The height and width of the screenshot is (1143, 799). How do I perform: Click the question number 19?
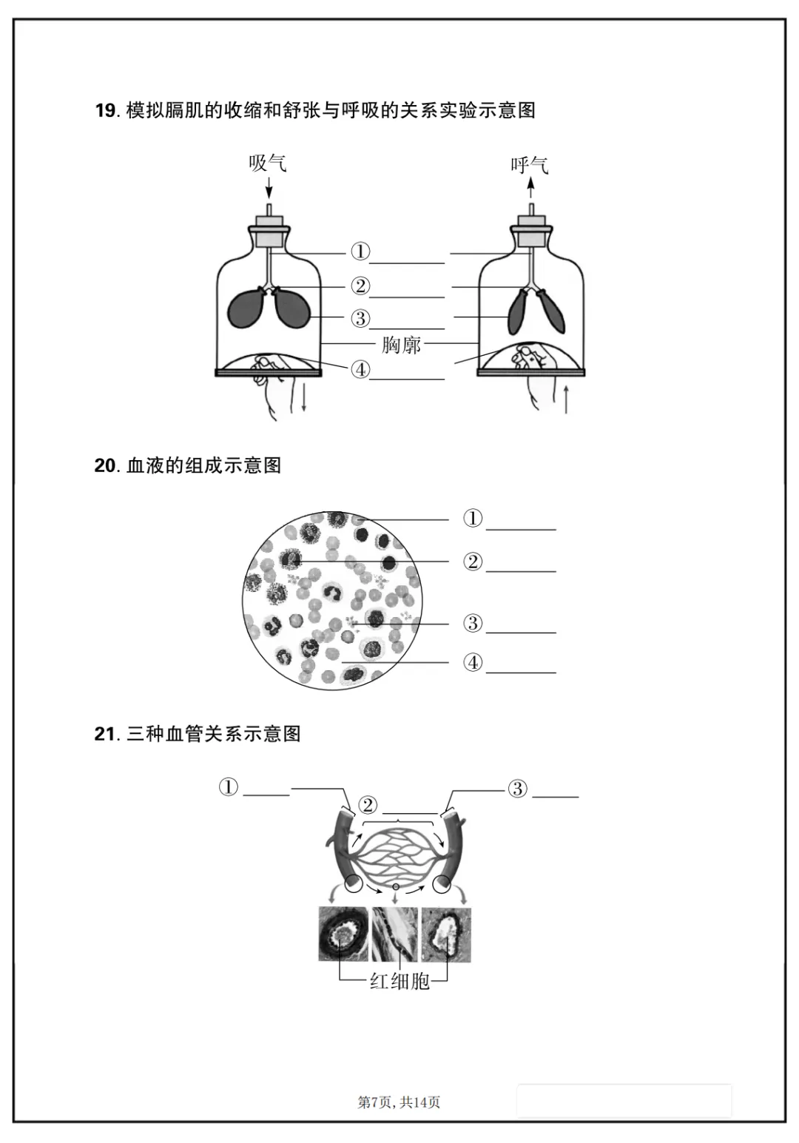coord(105,111)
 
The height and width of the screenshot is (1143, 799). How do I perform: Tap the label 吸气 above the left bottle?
coord(267,163)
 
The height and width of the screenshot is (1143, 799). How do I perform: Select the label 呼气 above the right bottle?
coord(529,164)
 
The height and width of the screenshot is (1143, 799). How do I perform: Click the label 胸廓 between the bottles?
coord(401,345)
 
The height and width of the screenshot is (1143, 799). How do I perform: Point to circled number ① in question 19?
coord(360,252)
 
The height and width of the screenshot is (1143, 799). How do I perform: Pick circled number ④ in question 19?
coord(360,369)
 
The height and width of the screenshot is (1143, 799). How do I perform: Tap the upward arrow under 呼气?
coord(530,188)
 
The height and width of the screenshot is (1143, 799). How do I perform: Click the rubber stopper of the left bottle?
coord(269,232)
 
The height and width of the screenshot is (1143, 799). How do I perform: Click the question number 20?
coord(105,466)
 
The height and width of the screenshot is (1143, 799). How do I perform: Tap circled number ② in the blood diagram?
coord(473,562)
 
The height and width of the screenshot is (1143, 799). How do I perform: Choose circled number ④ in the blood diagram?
coord(473,663)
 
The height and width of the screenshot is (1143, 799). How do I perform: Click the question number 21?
coord(105,734)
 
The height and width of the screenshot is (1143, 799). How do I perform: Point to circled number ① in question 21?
coord(229,787)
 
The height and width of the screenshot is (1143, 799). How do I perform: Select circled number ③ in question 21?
coord(517,789)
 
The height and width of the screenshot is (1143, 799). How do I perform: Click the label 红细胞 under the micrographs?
coord(399,982)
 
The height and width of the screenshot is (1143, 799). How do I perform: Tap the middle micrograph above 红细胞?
coord(395,934)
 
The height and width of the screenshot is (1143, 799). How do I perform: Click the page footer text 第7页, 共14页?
coord(399,1102)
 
